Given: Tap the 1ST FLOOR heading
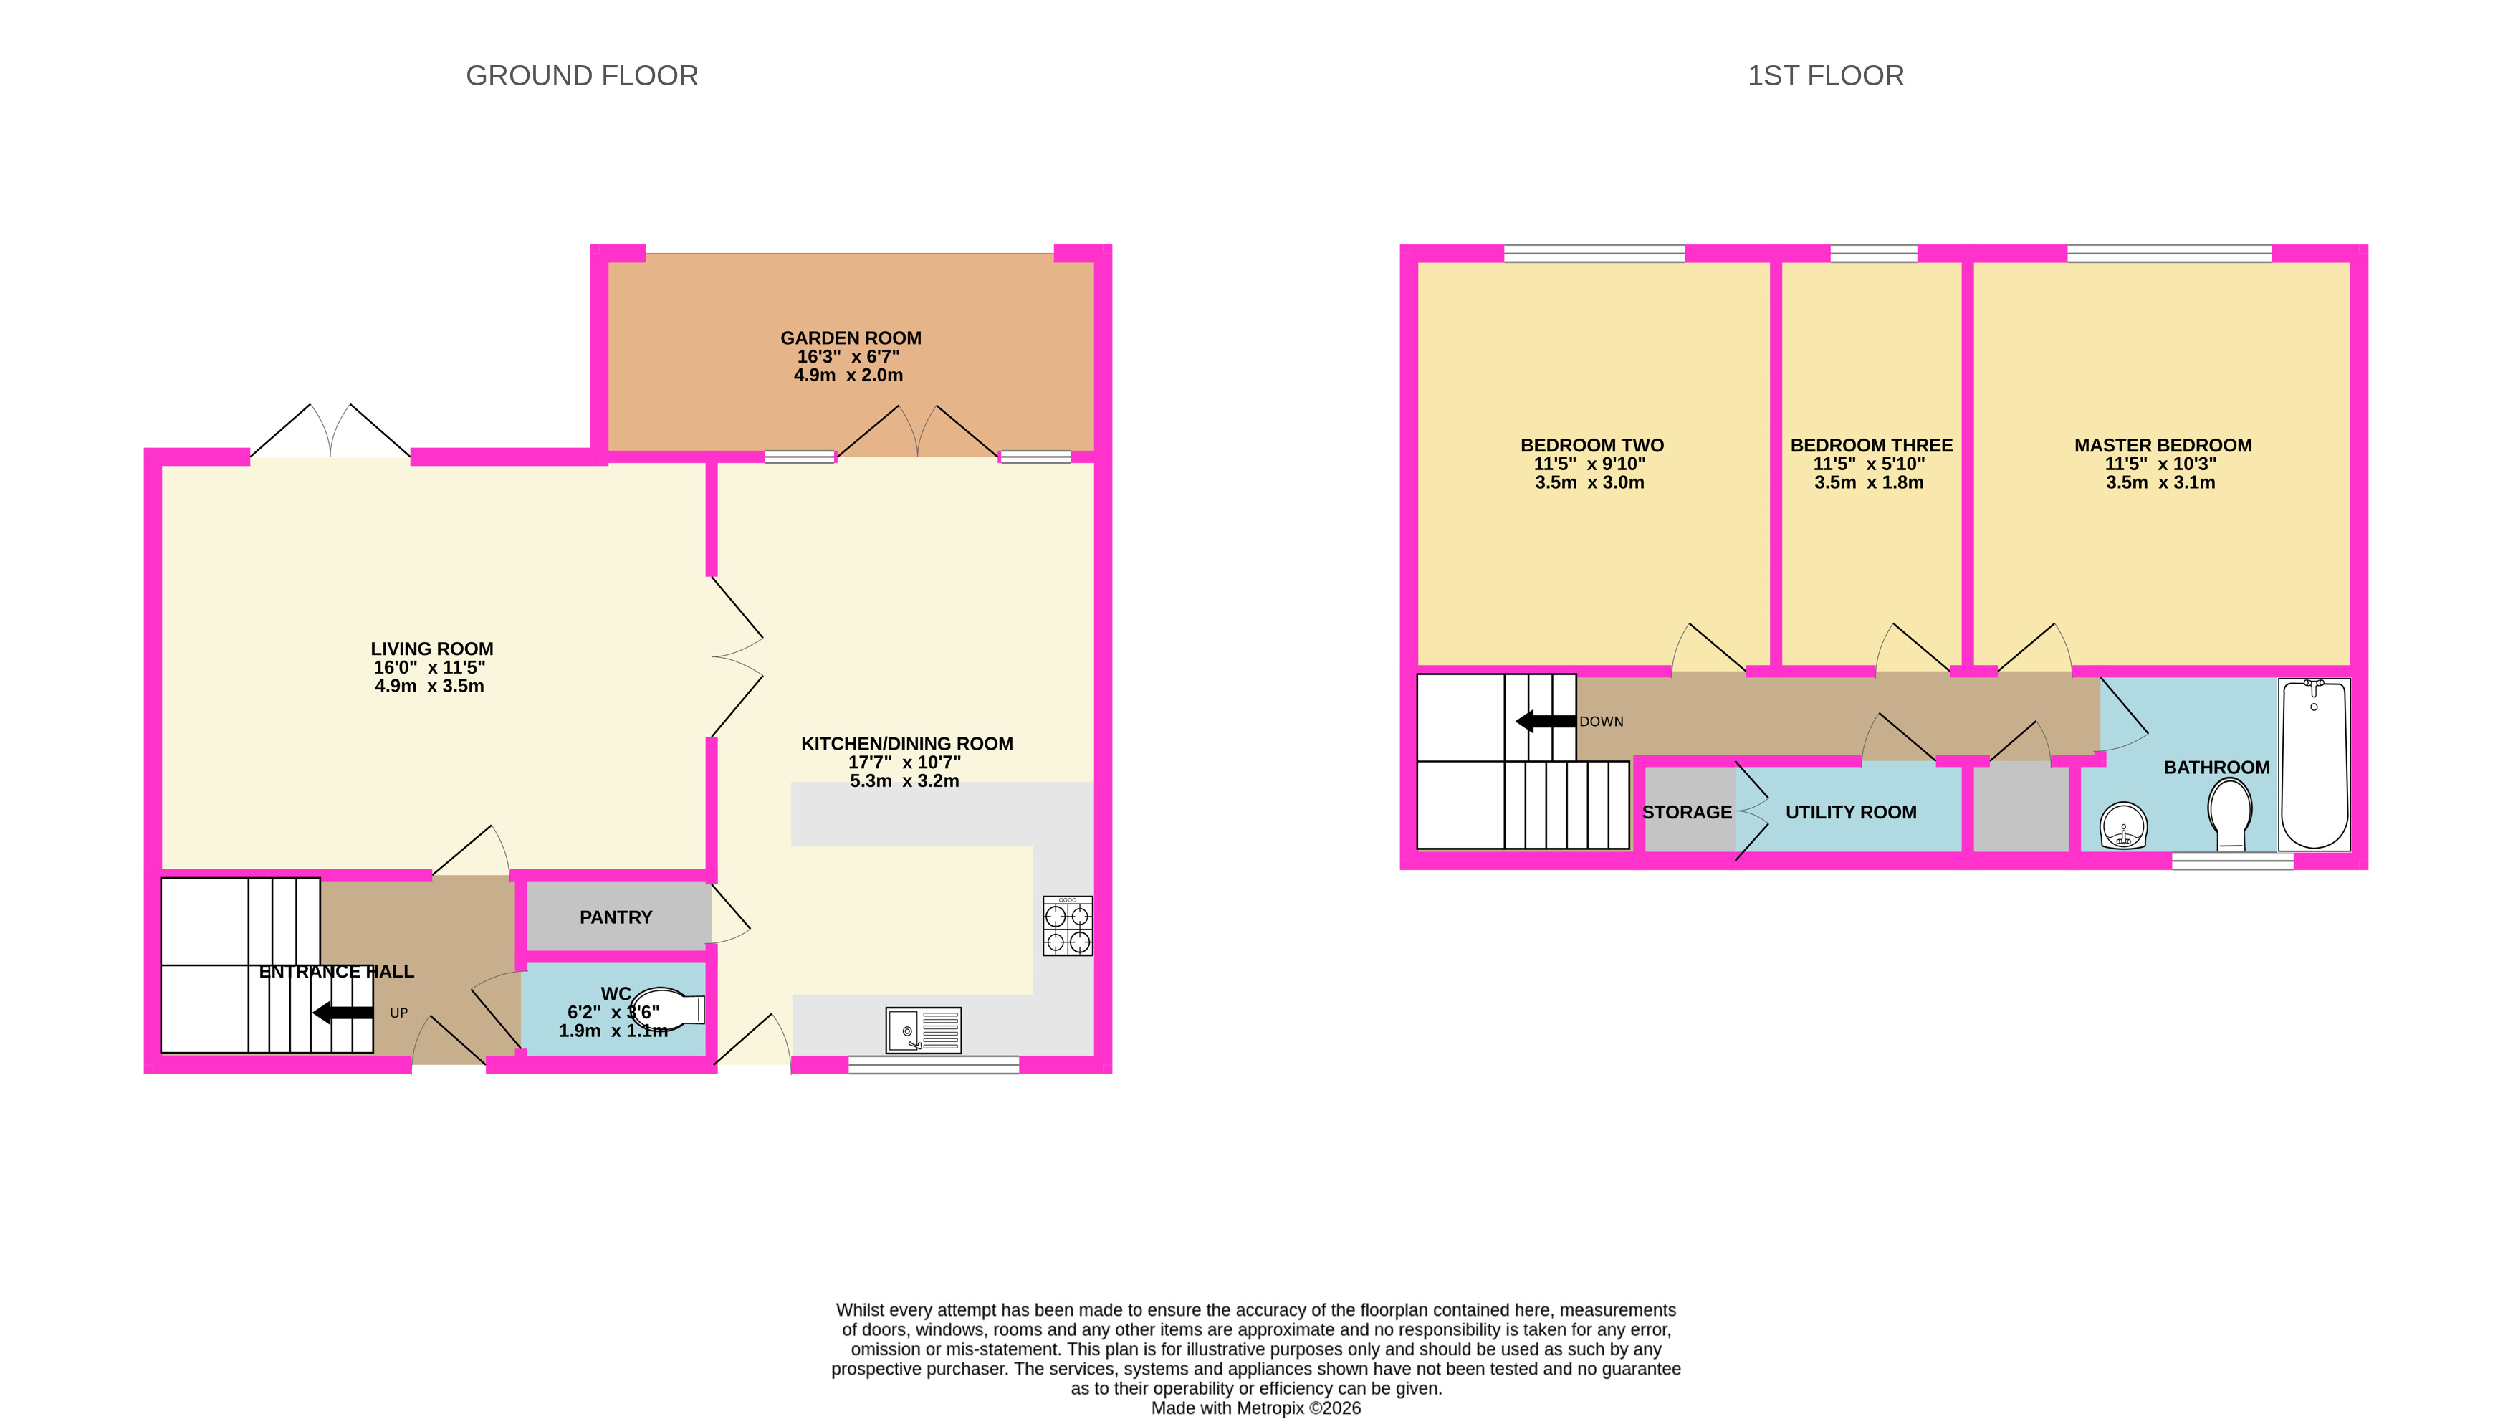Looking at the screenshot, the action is [1825, 76].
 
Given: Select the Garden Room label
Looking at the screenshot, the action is [851, 338].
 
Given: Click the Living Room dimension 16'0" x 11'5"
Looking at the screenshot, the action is [429, 667].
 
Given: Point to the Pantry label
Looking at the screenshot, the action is [616, 917].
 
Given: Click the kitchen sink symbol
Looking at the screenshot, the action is [924, 1031].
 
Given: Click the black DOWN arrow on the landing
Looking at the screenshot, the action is [1545, 721].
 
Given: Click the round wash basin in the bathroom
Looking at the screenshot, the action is [2124, 826].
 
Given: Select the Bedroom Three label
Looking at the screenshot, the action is [1871, 445].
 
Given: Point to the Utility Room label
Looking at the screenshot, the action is [1851, 812].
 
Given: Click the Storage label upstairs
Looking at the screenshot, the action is [1687, 812].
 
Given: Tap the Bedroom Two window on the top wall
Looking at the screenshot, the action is [1594, 254].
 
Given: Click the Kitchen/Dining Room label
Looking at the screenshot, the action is [906, 744].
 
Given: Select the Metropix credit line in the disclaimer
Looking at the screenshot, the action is [1255, 1408].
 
